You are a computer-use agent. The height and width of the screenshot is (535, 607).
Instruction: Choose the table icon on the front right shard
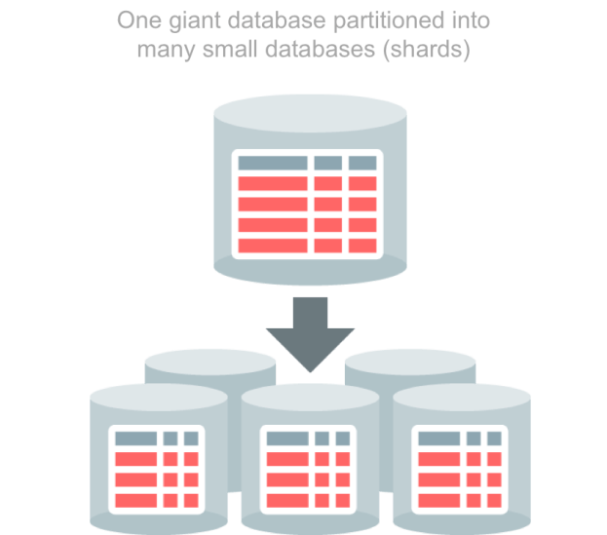(x=459, y=467)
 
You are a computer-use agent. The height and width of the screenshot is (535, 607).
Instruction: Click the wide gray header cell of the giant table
(x=272, y=163)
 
